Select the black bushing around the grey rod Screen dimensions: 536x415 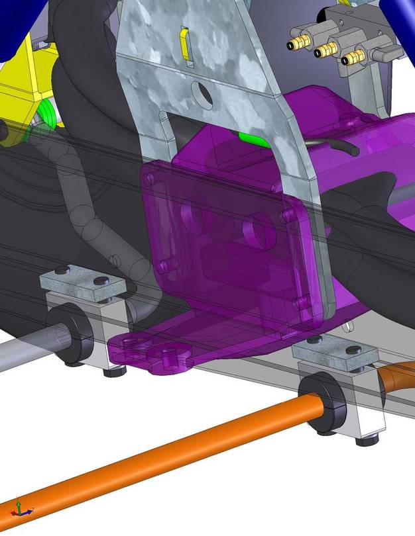(76, 336)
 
